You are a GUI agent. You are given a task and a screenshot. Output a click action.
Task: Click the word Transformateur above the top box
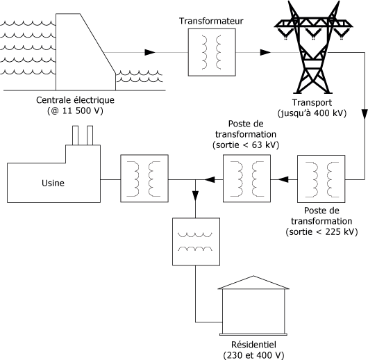coord(211,21)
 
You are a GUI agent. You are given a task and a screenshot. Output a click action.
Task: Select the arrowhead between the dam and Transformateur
coord(150,52)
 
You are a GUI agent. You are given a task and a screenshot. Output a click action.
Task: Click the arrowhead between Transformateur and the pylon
coord(265,52)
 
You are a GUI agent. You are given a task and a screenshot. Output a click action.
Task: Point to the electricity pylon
coord(314,47)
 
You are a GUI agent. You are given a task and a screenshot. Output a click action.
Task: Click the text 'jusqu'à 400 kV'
coord(312,113)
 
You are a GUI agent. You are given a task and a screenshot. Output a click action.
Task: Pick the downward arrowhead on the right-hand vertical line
coord(365,115)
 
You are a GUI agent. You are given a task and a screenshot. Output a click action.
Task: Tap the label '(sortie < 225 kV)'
coord(321,232)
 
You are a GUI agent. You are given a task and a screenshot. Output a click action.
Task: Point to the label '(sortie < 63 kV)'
coord(246,145)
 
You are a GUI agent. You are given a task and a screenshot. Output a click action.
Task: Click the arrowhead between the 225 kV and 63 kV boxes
coord(283,179)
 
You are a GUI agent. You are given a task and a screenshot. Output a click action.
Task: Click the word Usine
coord(53,183)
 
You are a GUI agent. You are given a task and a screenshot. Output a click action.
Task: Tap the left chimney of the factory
coord(76,136)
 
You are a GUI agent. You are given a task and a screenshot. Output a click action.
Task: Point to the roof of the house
coord(253,283)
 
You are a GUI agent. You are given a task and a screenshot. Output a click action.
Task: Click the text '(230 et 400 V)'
coord(253,355)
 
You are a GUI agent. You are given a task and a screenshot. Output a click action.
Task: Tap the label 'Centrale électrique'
coord(76,100)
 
